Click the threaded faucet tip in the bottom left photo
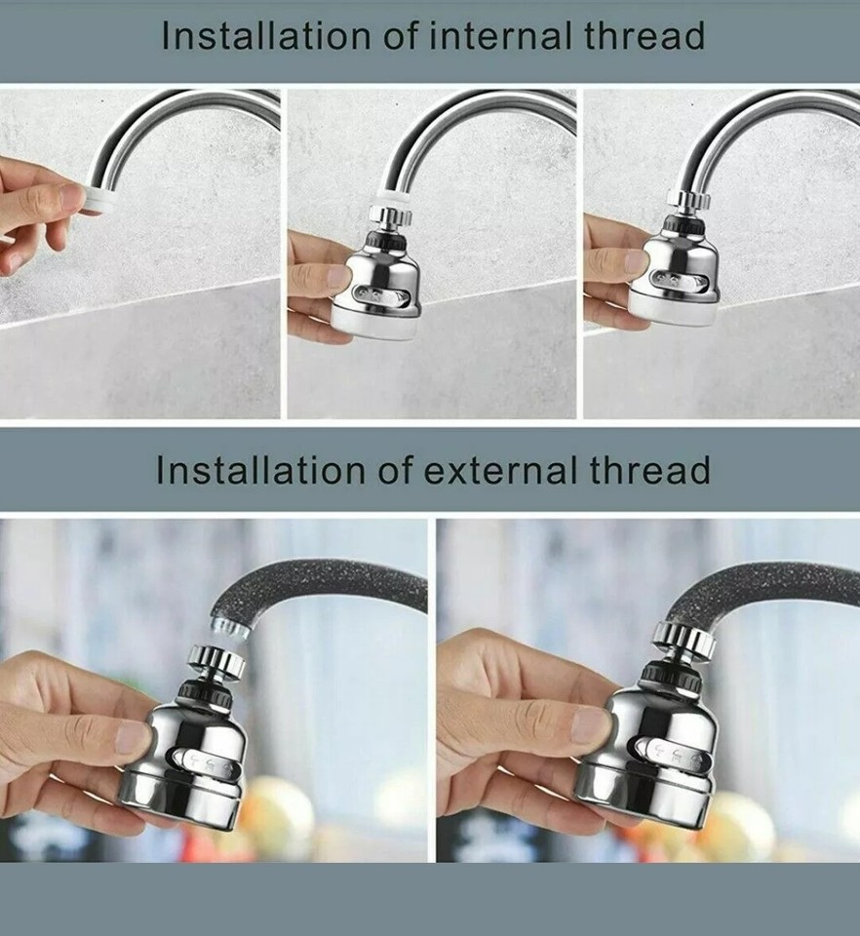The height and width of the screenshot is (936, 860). (230, 625)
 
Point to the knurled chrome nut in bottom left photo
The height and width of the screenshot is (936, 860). (215, 661)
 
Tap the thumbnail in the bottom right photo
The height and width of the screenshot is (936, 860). (591, 722)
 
